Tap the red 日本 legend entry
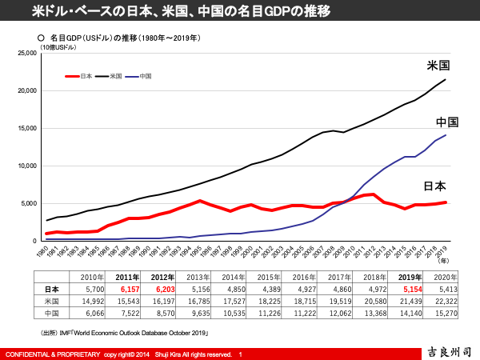[79, 76]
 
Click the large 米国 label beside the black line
[438, 66]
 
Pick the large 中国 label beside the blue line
[446, 122]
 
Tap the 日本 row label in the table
[51, 289]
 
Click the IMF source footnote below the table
[124, 330]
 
